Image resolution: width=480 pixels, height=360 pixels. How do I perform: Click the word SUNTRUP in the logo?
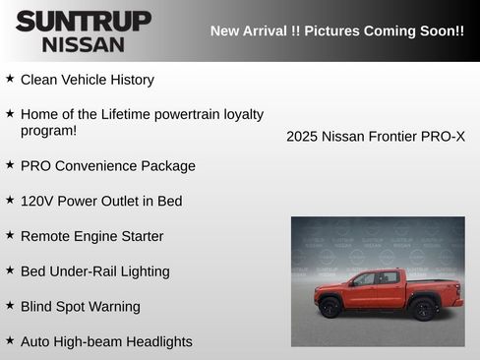point(83,20)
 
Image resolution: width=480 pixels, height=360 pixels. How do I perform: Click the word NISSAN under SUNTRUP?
point(83,43)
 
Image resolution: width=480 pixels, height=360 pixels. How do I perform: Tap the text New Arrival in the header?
point(249,30)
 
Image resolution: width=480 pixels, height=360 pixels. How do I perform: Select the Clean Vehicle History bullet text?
point(87,80)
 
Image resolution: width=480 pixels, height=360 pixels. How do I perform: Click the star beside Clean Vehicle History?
point(10,79)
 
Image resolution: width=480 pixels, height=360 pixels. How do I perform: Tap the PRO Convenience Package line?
point(107,166)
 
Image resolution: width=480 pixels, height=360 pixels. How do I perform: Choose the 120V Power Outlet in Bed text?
point(100,201)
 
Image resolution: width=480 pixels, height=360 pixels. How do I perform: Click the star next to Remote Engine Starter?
point(10,235)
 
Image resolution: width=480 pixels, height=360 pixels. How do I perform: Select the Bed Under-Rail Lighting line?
point(94,271)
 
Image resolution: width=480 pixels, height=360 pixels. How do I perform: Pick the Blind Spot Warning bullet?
point(80,307)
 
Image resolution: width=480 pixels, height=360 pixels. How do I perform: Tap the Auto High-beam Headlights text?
point(106,342)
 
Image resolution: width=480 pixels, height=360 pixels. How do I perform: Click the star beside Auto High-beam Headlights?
point(10,341)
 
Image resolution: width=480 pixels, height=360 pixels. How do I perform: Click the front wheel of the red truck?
point(330,308)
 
